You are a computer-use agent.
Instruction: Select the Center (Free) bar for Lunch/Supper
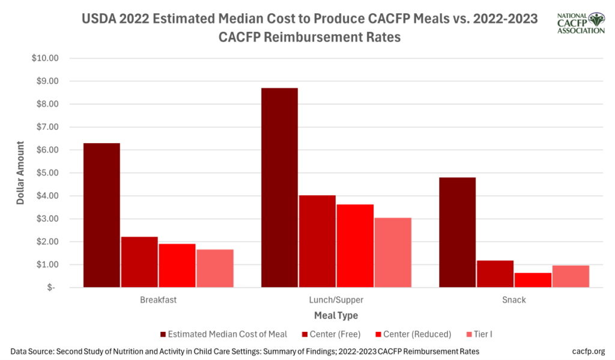coord(317,241)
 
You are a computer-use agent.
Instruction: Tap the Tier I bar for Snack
coord(571,276)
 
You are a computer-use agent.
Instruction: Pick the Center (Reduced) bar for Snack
coord(533,280)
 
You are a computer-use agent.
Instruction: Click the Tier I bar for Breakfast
coord(214,268)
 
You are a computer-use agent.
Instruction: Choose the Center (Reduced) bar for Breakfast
coord(177,265)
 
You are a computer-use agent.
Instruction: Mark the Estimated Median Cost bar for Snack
coord(457,232)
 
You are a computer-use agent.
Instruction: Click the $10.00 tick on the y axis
coord(46,58)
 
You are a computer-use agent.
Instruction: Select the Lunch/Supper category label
coord(336,299)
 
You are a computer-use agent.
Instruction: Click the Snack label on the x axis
coord(514,299)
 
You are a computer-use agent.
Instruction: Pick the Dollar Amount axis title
coord(21,172)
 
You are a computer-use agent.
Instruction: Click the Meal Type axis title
coord(336,315)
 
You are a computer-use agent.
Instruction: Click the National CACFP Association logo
coord(580,23)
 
